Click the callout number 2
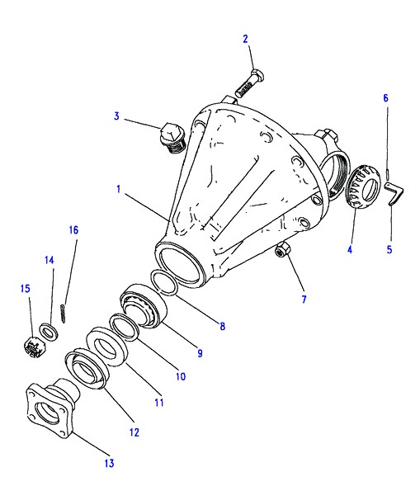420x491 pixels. click(245, 39)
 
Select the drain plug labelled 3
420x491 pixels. click(172, 138)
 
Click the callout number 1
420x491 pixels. click(118, 190)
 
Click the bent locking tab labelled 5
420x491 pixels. click(394, 194)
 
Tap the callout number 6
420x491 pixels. click(385, 98)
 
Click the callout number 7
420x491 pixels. click(304, 300)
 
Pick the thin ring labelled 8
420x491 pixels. click(165, 283)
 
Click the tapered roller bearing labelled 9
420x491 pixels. click(144, 305)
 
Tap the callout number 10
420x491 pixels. click(181, 376)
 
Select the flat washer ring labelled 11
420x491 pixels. click(107, 347)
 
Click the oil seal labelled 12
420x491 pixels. click(87, 370)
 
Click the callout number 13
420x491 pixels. click(109, 463)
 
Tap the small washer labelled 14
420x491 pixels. click(48, 332)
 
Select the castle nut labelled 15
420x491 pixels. click(35, 347)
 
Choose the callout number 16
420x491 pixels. click(73, 230)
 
